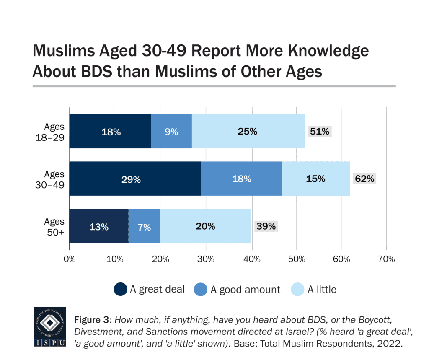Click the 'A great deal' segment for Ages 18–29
point(110,131)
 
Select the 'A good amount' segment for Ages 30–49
point(241,179)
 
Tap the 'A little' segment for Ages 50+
point(205,227)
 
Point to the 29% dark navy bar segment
point(135,179)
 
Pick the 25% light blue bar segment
point(248,131)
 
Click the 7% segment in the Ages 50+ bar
point(144,227)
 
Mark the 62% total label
point(364,179)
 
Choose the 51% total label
point(320,131)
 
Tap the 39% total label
point(266,227)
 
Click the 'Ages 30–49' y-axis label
point(54,179)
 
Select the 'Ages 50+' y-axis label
point(54,227)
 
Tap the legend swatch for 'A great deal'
point(120,289)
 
